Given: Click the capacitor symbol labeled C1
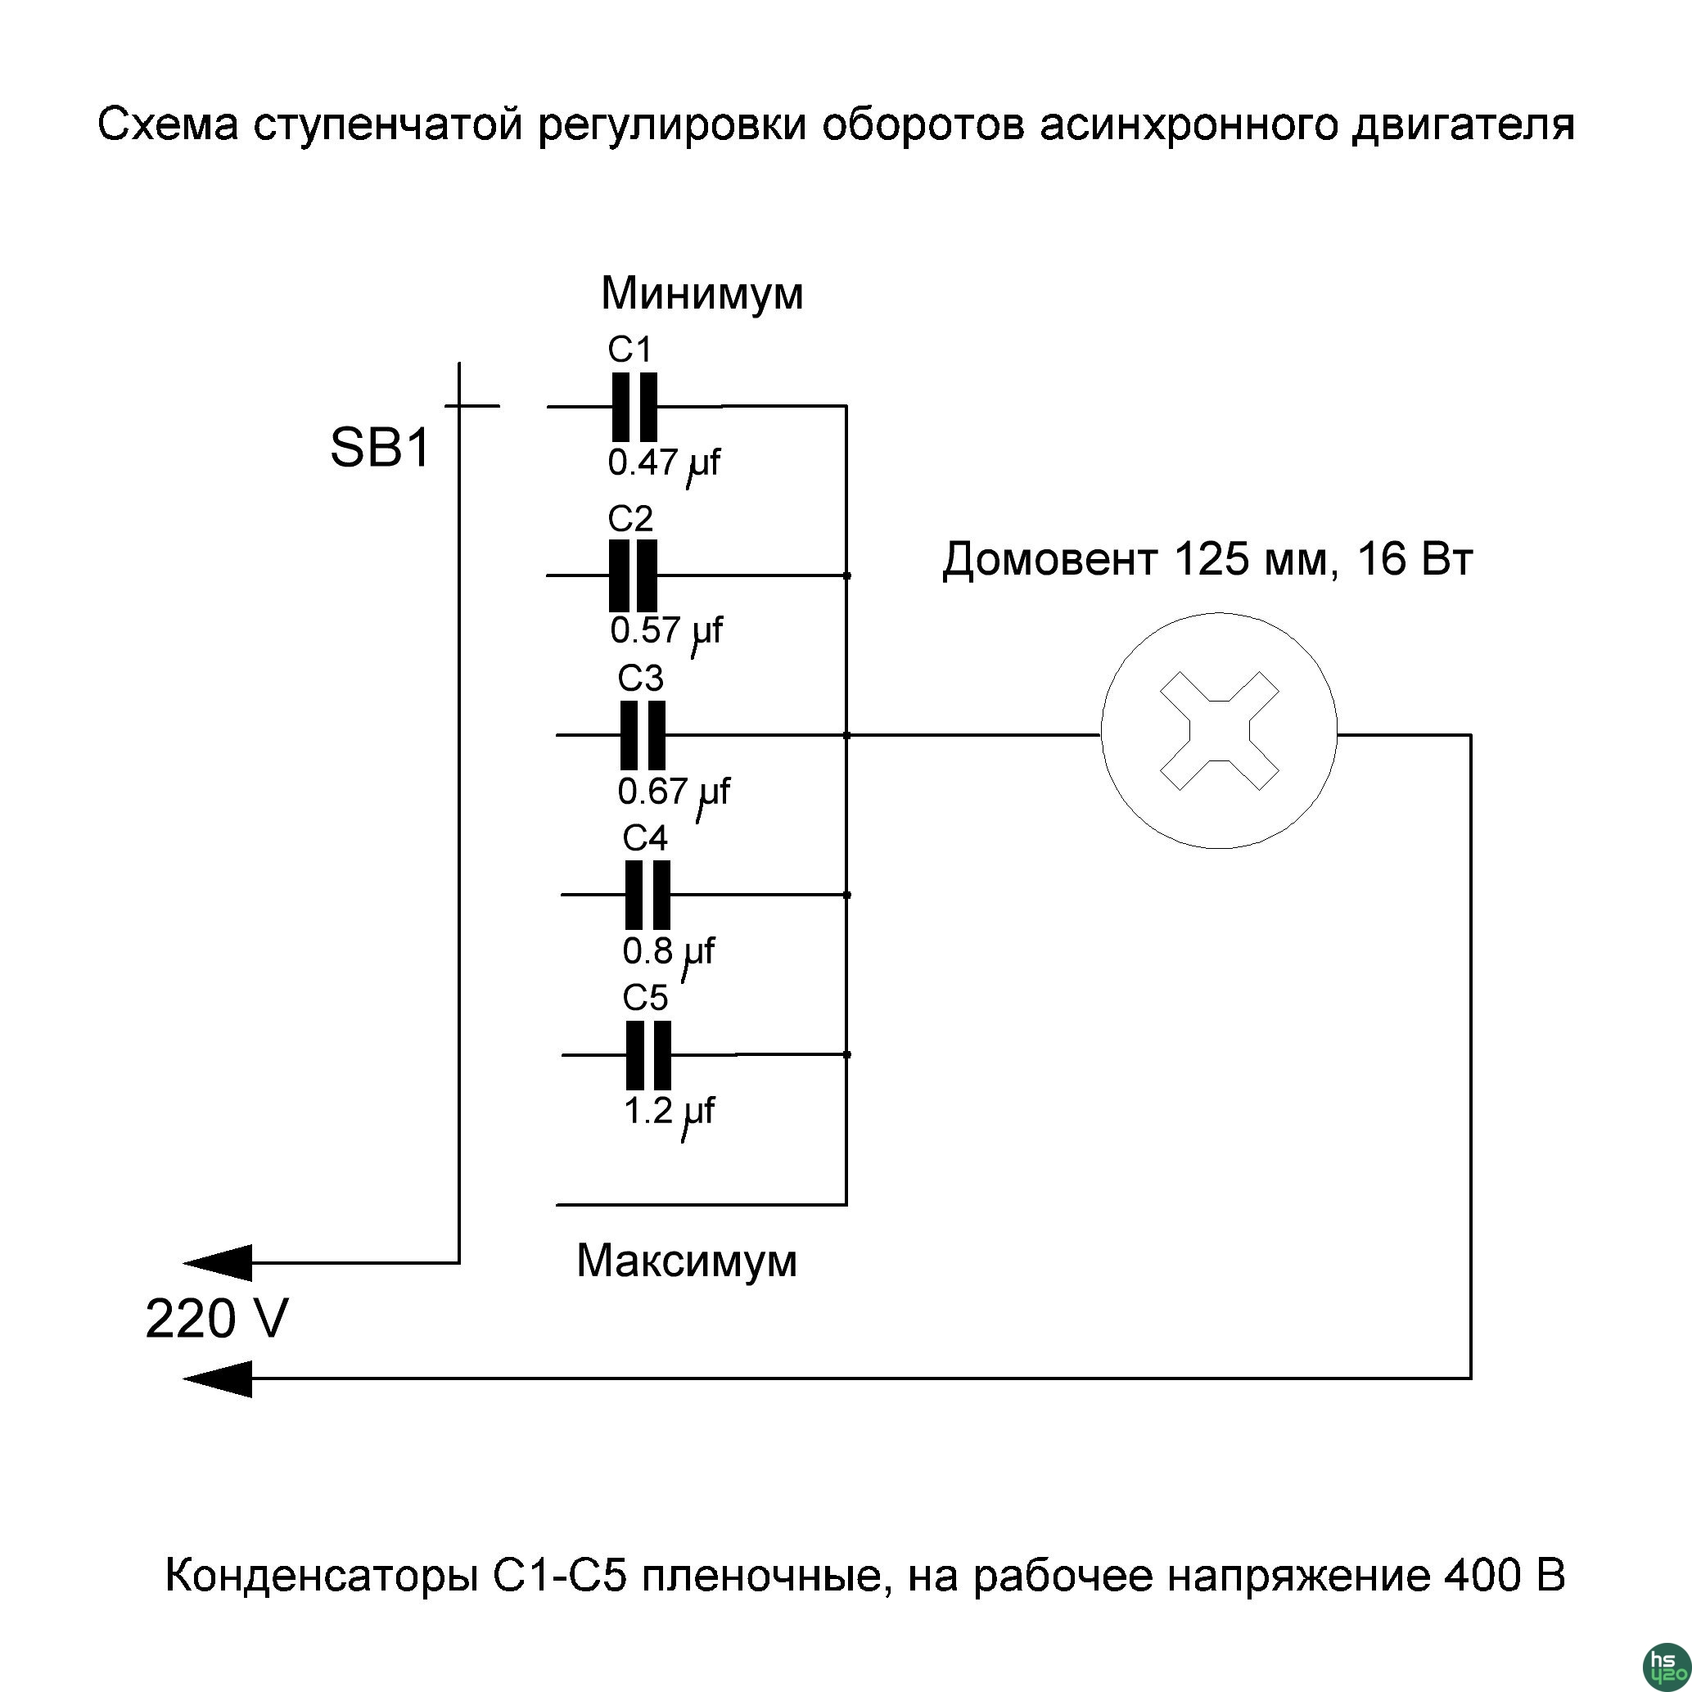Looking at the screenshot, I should coord(634,407).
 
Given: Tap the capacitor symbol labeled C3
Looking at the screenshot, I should coord(643,736).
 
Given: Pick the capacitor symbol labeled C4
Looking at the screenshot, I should coord(648,895).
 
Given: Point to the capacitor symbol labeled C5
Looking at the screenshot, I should coord(649,1055).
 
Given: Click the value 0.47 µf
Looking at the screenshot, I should coord(663,463).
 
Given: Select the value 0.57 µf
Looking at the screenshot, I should coord(666,630).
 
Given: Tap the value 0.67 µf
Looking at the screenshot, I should coord(673,792).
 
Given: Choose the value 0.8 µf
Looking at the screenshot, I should coord(667,951).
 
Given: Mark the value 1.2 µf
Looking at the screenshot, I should coord(668,1112).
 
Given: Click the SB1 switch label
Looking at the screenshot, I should coord(380,448).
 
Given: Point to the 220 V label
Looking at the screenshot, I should coord(216,1320).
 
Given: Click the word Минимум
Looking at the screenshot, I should coord(702,293).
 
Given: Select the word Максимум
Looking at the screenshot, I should coord(687,1262).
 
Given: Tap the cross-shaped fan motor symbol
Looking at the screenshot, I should coord(1219,730).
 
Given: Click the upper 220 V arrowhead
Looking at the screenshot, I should coord(219,1263).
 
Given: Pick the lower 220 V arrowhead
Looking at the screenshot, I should coord(219,1379).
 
